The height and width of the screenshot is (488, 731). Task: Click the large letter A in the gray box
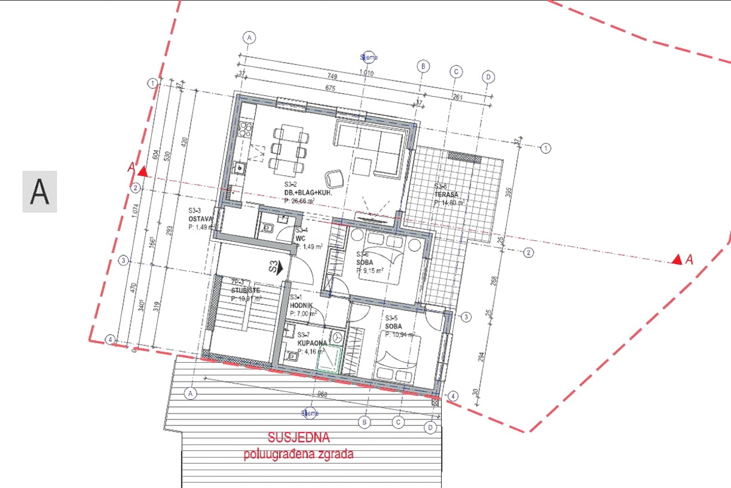click(40, 192)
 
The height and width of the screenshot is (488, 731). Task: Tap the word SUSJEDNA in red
click(298, 437)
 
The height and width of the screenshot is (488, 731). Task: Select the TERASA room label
click(446, 195)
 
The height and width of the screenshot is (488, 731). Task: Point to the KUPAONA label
click(313, 343)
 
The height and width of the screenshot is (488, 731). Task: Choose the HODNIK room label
click(302, 305)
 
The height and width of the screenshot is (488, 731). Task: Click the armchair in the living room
click(334, 178)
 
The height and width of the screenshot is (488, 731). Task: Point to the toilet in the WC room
click(267, 228)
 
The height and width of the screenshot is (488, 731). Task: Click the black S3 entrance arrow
click(275, 268)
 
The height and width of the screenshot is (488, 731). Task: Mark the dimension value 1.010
click(367, 74)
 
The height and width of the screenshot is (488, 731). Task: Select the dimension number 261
click(458, 97)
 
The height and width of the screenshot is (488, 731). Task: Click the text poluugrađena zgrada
click(298, 454)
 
